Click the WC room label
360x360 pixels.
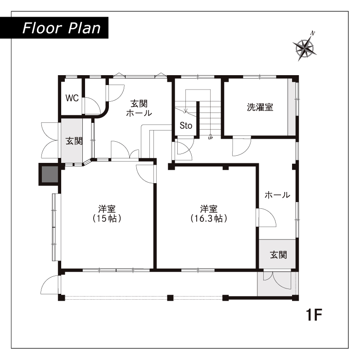(72, 98)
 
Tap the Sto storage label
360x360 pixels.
(186, 126)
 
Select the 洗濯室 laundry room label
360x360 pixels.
(260, 107)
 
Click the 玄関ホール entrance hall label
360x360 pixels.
(139, 108)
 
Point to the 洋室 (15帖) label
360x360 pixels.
(107, 213)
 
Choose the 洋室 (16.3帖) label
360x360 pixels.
(209, 213)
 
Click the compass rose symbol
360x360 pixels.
(305, 48)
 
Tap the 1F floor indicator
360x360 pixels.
(314, 315)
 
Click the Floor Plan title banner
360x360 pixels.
(54, 28)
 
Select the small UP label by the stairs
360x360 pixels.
(210, 138)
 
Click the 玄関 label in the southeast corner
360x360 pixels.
(278, 255)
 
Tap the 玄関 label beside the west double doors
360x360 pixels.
(74, 141)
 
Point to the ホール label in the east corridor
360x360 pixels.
(277, 195)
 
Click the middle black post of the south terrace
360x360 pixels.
(170, 298)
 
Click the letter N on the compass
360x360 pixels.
(312, 33)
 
